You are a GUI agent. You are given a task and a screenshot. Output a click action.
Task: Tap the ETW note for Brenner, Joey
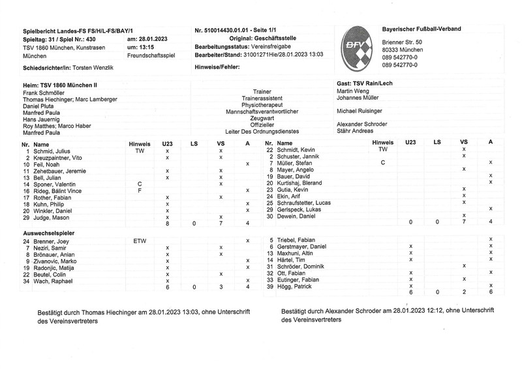pyautogui.click(x=140, y=241)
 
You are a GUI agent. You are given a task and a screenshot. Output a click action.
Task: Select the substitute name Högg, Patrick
pyautogui.click(x=293, y=286)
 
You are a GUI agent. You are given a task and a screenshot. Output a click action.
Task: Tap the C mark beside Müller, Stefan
pyautogui.click(x=383, y=162)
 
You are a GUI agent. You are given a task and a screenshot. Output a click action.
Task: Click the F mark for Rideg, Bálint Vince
pyautogui.click(x=140, y=190)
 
